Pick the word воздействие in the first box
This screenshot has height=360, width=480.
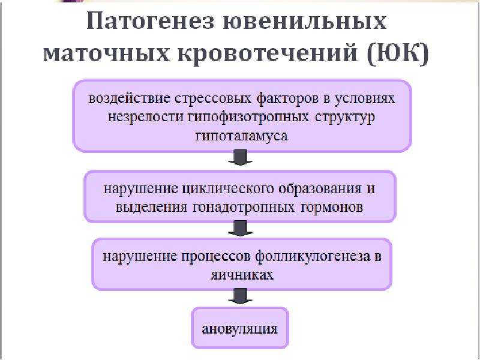pyautogui.click(x=124, y=97)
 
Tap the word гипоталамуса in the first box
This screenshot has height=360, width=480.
pyautogui.click(x=242, y=136)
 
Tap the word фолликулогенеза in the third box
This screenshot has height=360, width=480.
pyautogui.click(x=306, y=257)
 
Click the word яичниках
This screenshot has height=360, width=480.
pyautogui.click(x=242, y=275)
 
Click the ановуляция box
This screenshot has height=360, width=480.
pyautogui.click(x=240, y=328)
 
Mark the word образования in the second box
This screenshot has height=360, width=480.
pyautogui.click(x=314, y=189)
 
